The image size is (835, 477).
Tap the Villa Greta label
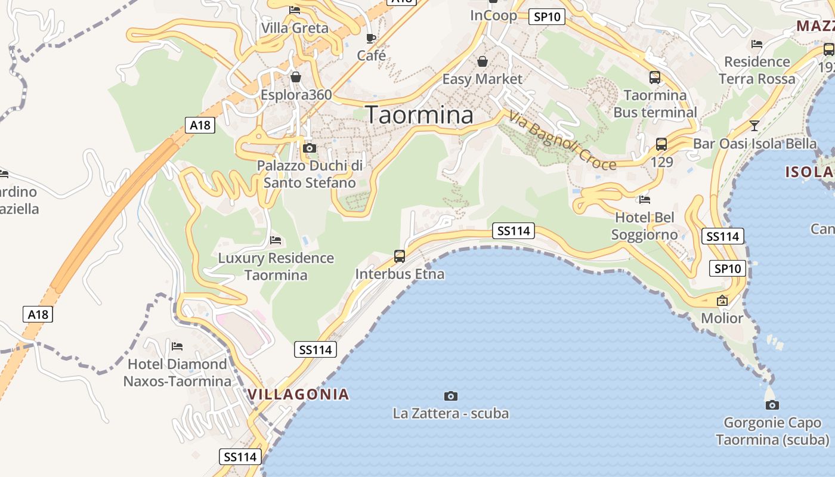pos(295,28)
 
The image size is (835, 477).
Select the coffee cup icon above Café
pos(371,39)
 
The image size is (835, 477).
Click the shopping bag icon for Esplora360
pos(296,77)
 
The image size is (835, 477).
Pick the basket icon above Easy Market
pos(482,61)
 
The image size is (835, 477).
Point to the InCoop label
pos(493,16)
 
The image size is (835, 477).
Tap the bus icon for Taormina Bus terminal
pos(655,78)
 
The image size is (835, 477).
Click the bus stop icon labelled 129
pos(661,144)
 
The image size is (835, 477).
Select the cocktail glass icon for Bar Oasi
pos(754,125)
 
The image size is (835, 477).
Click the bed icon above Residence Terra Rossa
pos(757,44)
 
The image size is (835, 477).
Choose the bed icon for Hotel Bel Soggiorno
pos(644,200)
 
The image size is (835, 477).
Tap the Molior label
pos(722,318)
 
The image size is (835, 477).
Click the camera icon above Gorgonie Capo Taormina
pos(772,405)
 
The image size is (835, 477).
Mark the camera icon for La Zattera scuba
pos(451,396)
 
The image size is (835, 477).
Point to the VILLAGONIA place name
pos(298,394)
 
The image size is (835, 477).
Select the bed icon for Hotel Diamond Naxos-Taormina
pos(177,346)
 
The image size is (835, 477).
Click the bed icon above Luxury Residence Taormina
pos(276,240)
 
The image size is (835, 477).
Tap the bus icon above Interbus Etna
pos(400,257)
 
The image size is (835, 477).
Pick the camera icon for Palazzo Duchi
pos(309,148)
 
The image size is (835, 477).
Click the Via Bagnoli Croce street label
pos(564,142)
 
